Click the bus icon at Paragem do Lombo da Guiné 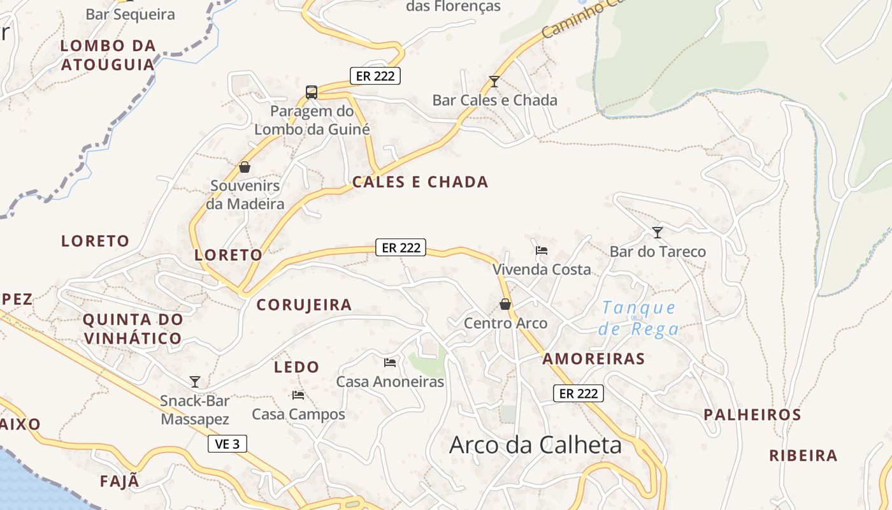(x=312, y=92)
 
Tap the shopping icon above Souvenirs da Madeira (x=245, y=167)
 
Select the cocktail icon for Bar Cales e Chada (x=494, y=81)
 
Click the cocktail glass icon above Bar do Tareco (x=658, y=233)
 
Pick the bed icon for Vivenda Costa (x=542, y=250)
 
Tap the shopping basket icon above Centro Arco (x=505, y=304)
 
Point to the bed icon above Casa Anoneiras (x=390, y=362)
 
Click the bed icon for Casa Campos (x=298, y=395)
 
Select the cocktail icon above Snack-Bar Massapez (x=195, y=381)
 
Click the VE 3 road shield (x=227, y=444)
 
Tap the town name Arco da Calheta (x=535, y=445)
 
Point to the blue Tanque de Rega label (x=639, y=318)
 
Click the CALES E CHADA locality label (x=421, y=182)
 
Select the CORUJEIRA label (x=304, y=305)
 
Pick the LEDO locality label (x=296, y=367)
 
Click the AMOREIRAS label (x=594, y=359)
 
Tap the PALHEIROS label (x=752, y=414)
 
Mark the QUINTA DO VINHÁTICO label (x=133, y=328)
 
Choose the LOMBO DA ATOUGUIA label (x=108, y=55)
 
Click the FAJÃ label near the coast (x=119, y=481)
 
